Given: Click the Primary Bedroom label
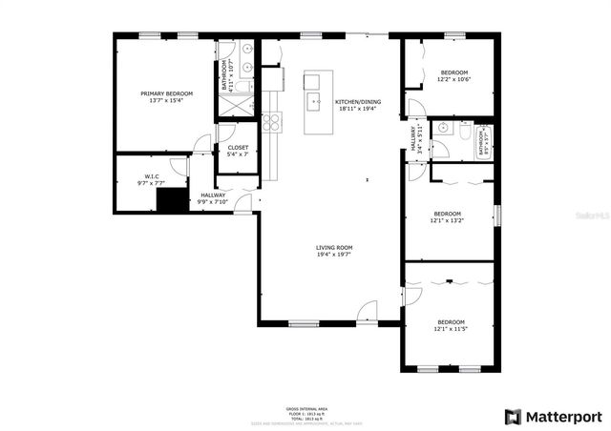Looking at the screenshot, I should point(166,93).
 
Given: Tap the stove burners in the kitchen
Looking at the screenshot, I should point(270,121).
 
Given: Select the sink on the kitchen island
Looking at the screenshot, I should point(312,99).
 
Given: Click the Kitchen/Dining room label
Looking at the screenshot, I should point(357,102).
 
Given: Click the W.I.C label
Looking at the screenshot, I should point(151,175).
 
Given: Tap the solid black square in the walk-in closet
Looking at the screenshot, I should point(171,200).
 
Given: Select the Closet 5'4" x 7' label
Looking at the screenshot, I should point(238,150).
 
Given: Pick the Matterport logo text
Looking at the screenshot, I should point(554,417).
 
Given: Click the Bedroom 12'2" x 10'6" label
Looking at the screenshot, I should point(453,76).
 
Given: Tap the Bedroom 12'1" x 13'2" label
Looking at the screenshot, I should point(447,216).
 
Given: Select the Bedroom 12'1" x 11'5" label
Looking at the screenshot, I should point(451,325).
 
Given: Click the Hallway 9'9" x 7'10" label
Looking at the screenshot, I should point(212,197).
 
